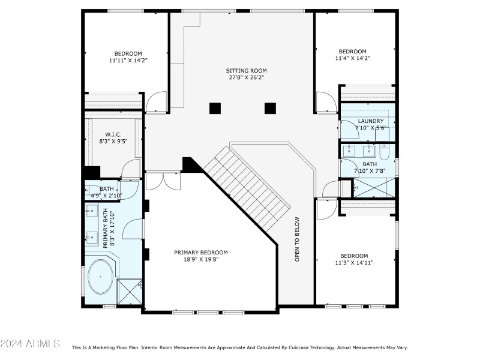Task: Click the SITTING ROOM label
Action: click(247, 70)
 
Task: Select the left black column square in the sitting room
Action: click(215, 109)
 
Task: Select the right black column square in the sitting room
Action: click(270, 109)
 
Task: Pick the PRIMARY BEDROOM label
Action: click(201, 253)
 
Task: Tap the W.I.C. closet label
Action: click(114, 134)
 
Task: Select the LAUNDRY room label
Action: click(370, 121)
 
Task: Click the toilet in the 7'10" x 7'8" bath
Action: click(386, 152)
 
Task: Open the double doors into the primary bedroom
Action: click(162, 180)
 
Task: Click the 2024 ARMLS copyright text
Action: click(30, 343)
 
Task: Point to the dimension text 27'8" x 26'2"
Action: click(247, 77)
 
